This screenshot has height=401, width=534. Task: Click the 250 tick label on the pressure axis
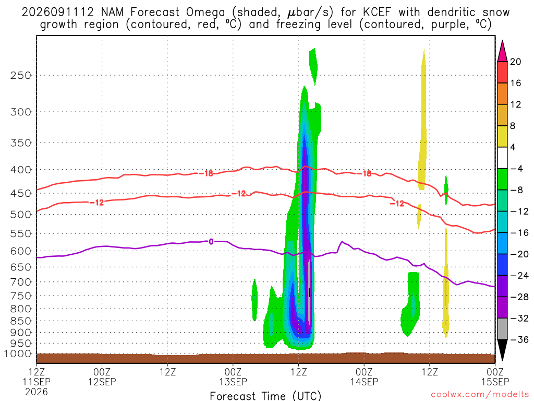[x=21, y=75]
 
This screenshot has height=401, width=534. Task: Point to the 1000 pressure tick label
[x=18, y=354]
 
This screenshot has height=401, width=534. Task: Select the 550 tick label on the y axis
[x=21, y=234]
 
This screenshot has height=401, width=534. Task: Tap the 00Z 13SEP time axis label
[x=233, y=377]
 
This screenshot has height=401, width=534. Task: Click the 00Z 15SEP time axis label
[x=495, y=377]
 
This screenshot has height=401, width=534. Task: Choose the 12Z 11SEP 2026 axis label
[x=37, y=382]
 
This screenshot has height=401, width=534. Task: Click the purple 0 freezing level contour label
[x=211, y=242]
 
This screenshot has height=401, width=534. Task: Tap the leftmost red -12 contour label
[x=96, y=203]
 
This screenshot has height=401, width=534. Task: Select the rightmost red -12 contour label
[x=397, y=204]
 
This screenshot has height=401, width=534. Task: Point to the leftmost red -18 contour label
[x=205, y=173]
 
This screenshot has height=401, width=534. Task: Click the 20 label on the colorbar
[x=516, y=62]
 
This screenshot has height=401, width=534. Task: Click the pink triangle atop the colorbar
[x=502, y=52]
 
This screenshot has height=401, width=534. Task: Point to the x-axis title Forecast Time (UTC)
[x=265, y=396]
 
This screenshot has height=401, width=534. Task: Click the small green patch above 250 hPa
[x=313, y=65]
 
